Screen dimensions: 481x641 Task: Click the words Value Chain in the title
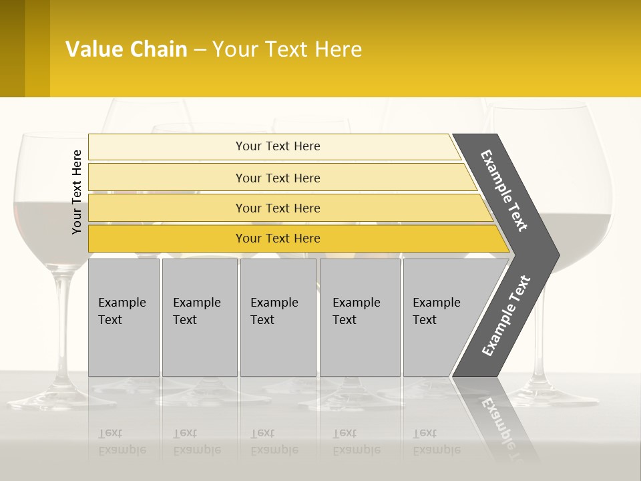126,49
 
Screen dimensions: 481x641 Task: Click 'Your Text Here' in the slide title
287,49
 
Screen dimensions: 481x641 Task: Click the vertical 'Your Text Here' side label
77,192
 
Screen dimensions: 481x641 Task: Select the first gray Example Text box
124,317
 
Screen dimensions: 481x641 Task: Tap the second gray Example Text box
199,317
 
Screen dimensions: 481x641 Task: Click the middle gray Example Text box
278,317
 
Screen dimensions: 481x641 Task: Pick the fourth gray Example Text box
359,317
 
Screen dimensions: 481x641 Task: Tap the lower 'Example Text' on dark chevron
506,315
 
